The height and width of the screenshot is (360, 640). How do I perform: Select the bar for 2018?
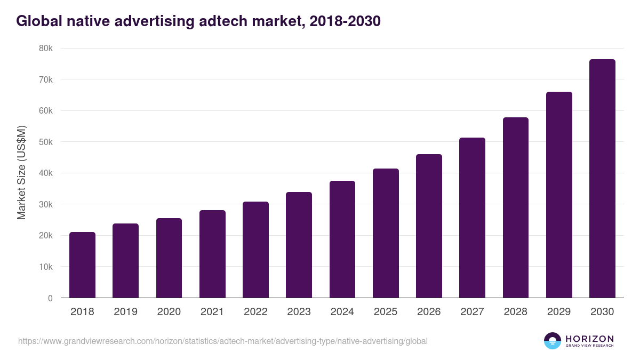point(82,265)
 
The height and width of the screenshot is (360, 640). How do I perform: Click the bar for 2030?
point(602,179)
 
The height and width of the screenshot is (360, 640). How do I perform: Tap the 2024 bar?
point(342,239)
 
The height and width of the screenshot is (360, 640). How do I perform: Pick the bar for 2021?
point(212,254)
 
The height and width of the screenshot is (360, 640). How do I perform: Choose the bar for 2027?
point(472,218)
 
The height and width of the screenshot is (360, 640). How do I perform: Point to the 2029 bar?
point(559,195)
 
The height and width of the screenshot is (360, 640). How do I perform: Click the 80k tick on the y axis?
point(46,49)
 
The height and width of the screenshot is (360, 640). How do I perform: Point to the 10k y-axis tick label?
point(46,267)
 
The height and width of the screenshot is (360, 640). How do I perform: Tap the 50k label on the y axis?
point(46,142)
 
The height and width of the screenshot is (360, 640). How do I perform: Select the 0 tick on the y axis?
point(50,298)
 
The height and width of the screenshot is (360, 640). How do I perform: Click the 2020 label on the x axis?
point(169,312)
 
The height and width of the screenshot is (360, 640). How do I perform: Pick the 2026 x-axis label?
point(429,312)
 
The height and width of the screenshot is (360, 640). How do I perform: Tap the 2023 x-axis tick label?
point(299,312)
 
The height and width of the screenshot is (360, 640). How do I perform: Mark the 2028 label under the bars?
point(516,312)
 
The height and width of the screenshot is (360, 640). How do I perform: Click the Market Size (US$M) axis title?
point(21,173)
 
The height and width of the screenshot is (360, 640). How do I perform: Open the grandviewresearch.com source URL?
point(222,341)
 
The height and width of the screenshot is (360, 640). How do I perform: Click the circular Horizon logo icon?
point(553,341)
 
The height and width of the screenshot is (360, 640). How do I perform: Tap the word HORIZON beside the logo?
point(589,339)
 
